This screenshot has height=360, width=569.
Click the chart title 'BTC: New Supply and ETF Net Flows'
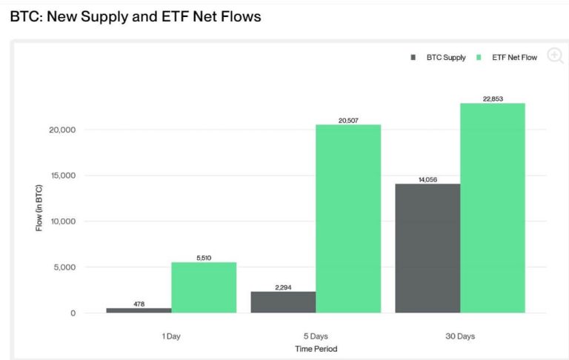point(136,16)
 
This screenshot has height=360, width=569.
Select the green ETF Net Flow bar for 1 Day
point(204,287)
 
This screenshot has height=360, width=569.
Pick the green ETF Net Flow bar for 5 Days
point(348,219)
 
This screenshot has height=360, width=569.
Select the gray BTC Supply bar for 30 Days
point(427,248)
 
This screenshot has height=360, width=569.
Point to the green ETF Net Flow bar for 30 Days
point(493,207)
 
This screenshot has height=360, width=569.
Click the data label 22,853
point(493,99)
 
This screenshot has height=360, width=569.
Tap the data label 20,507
point(348,120)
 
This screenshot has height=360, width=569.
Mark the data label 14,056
point(427,179)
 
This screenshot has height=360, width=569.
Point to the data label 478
point(139,304)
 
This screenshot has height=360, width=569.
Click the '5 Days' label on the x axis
point(316,336)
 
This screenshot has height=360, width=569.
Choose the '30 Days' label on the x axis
point(460,336)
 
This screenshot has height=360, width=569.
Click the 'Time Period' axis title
point(316,348)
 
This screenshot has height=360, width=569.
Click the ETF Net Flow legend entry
point(509,58)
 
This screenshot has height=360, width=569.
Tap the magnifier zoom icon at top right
point(555,55)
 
